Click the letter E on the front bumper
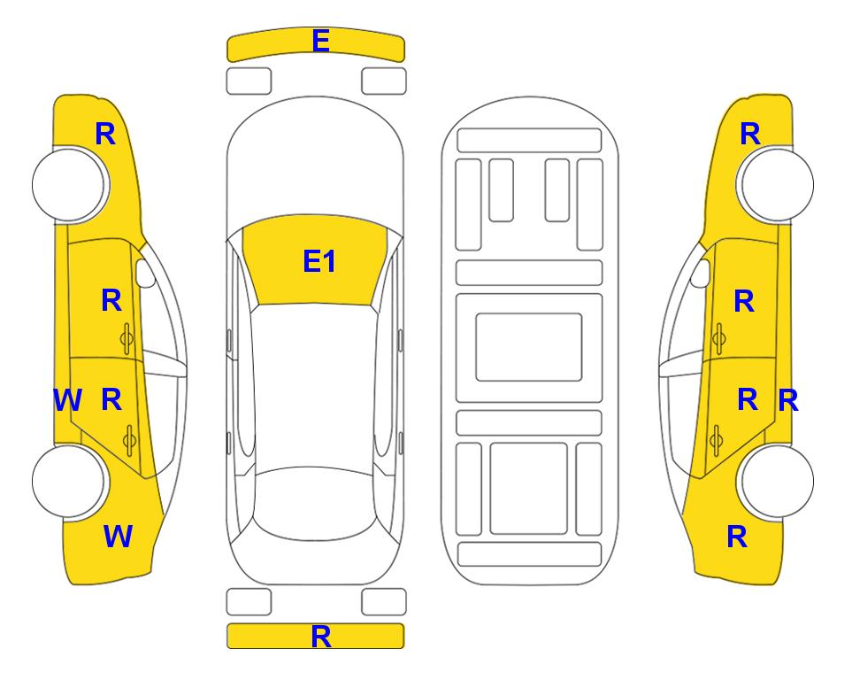pos(320,41)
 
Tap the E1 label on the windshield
pos(319,261)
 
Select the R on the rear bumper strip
pos(321,637)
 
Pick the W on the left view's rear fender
pos(118,537)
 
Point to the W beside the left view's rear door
pos(67,400)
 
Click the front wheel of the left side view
pos(69,184)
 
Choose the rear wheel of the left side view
pos(69,481)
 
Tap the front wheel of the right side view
pos(777,184)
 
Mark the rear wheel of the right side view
pos(777,481)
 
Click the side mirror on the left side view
pos(145,273)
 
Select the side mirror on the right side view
pos(701,273)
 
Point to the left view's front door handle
pos(127,339)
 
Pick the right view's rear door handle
pos(717,439)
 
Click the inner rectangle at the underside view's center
pos(529,347)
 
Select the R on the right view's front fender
pos(750,134)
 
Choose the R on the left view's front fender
pos(105,134)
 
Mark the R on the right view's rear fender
pos(737,537)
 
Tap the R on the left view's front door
pos(111,300)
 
